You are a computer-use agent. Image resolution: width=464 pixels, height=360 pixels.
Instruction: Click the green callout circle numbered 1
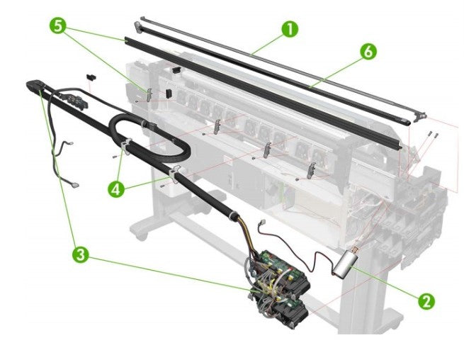(288, 29)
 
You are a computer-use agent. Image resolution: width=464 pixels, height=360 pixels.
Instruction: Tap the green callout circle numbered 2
(425, 301)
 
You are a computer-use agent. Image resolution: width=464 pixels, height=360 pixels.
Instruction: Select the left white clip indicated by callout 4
(125, 147)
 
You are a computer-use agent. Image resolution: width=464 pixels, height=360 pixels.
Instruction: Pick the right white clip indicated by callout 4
(175, 171)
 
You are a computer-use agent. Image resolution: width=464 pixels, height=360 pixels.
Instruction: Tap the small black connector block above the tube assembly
(89, 74)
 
